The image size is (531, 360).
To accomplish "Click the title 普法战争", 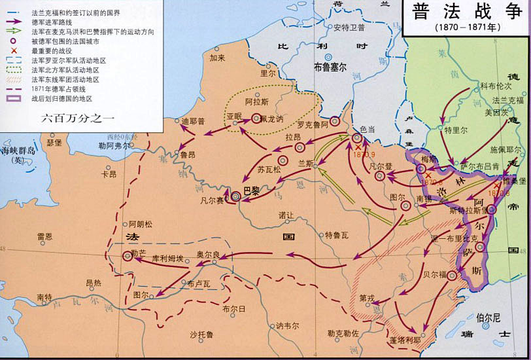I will (466, 14).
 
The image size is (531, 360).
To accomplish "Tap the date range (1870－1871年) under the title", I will (465, 29).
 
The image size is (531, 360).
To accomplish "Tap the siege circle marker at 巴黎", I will (236, 196).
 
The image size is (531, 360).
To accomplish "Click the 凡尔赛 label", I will (211, 200).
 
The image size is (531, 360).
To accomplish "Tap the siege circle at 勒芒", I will (128, 257).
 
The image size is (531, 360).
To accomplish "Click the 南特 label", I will (44, 297).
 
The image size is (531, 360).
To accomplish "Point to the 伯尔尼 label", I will (488, 317).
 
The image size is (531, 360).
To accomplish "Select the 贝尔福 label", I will (434, 274).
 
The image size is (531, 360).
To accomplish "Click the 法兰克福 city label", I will (508, 100).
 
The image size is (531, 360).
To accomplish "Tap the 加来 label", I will (217, 57).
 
